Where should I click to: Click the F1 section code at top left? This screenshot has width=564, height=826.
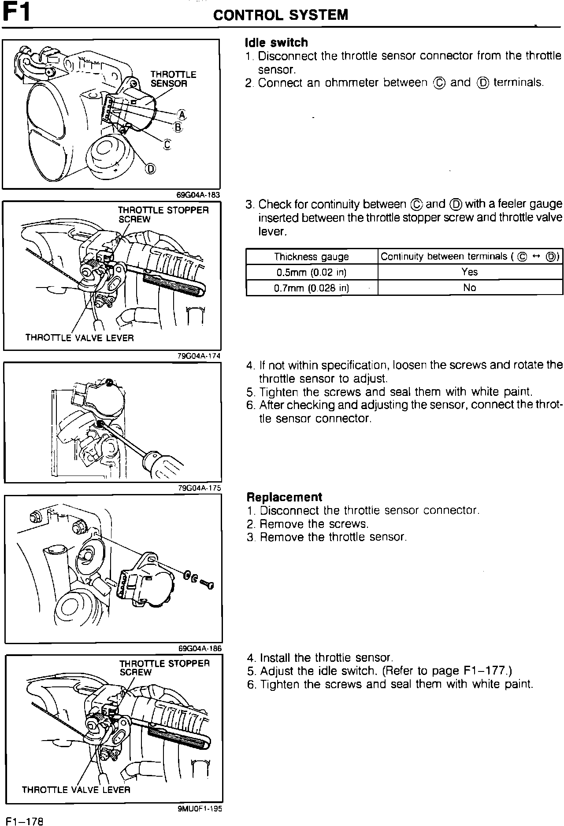[x=17, y=13]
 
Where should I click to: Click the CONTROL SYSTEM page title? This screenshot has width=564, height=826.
[x=281, y=15]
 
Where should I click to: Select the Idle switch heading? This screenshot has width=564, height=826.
[x=276, y=43]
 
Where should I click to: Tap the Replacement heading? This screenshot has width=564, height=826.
[x=284, y=497]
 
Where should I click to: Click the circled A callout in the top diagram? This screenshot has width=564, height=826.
[x=182, y=115]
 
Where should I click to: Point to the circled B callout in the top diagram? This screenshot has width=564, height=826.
[x=178, y=128]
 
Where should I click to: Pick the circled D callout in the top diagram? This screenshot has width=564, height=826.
[x=151, y=169]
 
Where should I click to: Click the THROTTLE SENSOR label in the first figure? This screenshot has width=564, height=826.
[x=173, y=79]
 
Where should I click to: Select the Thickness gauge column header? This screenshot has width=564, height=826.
[x=311, y=257]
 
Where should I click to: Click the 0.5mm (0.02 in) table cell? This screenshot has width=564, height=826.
[x=311, y=272]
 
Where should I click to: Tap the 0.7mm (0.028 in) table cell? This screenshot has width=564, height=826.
[x=311, y=288]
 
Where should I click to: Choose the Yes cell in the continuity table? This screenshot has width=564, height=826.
[x=470, y=272]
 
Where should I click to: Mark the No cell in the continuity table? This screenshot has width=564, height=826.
[x=470, y=288]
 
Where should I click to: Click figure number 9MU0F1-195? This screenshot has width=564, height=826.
[x=200, y=808]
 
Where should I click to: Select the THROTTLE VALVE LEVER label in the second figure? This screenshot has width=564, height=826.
[x=79, y=338]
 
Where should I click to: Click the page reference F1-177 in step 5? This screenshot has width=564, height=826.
[x=484, y=671]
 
